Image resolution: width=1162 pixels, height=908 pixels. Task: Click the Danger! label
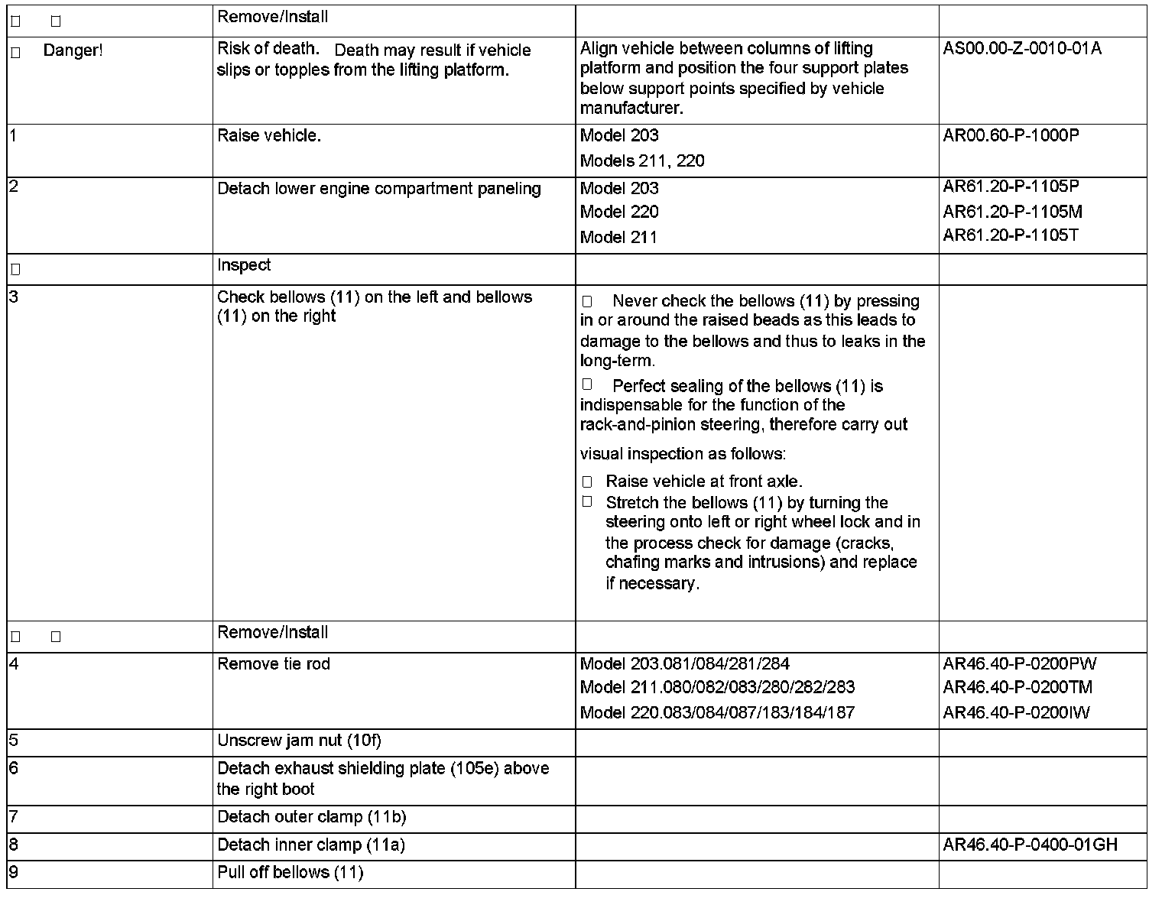pos(73,51)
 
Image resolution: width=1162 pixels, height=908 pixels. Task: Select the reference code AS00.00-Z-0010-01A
pos(1022,49)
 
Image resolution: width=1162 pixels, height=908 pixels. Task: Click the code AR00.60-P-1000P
pos(1011,136)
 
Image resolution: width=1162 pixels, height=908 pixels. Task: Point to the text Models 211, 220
pos(642,161)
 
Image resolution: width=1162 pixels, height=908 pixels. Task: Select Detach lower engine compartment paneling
pos(379,189)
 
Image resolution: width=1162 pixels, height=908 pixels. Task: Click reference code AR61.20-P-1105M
pos(1012,212)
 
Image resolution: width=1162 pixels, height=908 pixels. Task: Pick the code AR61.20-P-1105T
pos(1011,235)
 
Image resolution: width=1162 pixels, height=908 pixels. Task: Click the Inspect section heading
pos(244,265)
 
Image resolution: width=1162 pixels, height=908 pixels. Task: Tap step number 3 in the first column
pos(13,297)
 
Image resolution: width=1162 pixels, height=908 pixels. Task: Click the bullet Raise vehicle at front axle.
pos(703,482)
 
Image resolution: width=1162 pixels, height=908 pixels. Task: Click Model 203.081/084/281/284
pos(684,664)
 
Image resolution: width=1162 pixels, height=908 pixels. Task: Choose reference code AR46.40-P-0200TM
pos(1018,687)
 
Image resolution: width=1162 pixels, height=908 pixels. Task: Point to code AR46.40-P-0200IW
pos(1016,713)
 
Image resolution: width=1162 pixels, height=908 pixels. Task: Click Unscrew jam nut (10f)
pos(299,741)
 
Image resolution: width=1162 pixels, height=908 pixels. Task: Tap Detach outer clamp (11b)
pos(311,817)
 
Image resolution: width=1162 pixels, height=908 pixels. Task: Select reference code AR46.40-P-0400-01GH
pos(1030,845)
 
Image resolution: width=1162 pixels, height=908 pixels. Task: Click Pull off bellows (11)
pos(290,873)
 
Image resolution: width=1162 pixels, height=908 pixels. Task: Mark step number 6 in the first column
pos(13,768)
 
